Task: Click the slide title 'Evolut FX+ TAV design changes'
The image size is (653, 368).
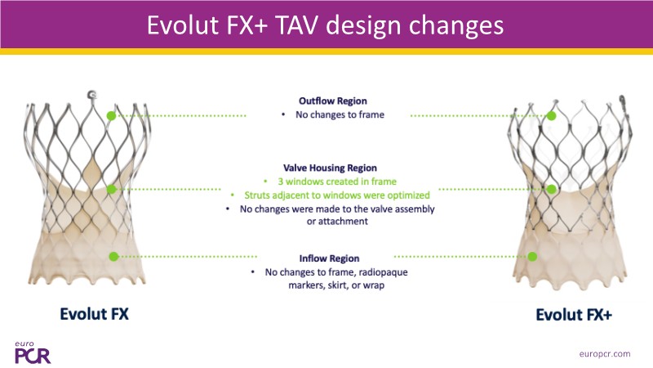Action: [x=325, y=25]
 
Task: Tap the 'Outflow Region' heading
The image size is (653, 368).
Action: [x=333, y=101]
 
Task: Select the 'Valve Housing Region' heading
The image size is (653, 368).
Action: [x=330, y=168]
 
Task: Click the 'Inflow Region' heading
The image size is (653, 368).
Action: [x=329, y=258]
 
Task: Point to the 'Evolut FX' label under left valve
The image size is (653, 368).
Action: [x=94, y=314]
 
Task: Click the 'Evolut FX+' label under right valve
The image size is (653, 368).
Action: [x=574, y=315]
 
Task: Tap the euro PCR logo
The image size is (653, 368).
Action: [x=33, y=352]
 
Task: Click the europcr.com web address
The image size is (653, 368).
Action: [x=605, y=354]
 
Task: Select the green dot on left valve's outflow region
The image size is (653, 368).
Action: [x=111, y=115]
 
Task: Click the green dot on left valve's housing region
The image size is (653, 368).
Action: [x=111, y=190]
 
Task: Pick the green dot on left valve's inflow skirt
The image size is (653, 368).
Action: [x=113, y=257]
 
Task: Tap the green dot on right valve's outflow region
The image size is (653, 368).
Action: [x=552, y=115]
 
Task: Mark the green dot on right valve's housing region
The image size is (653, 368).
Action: [x=552, y=190]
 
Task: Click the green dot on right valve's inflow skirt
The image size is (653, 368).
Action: [x=532, y=257]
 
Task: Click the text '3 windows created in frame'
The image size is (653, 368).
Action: [x=337, y=182]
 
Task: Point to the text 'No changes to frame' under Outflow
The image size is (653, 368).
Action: [x=340, y=114]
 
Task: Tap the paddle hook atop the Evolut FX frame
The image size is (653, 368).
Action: [x=91, y=95]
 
